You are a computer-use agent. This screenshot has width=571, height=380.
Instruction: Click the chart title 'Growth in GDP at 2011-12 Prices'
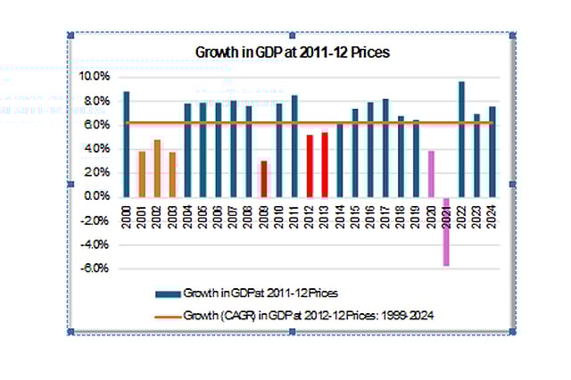pyautogui.click(x=292, y=52)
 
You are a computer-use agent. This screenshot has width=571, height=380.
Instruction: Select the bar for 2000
pyautogui.click(x=127, y=143)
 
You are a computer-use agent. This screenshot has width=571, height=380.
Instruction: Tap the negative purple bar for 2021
pyautogui.click(x=446, y=231)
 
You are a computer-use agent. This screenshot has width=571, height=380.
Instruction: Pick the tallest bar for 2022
pyautogui.click(x=461, y=138)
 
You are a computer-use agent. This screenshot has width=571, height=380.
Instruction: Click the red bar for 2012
pyautogui.click(x=309, y=165)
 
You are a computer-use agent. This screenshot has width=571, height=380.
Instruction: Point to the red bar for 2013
pyautogui.click(x=324, y=164)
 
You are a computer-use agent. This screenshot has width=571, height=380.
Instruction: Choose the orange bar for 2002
pyautogui.click(x=157, y=168)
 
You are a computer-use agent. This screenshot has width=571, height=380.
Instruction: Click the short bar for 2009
pyautogui.click(x=263, y=178)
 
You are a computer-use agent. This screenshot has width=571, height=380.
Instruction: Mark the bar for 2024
pyautogui.click(x=492, y=151)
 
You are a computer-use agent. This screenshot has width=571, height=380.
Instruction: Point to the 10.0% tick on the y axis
pyautogui.click(x=94, y=77)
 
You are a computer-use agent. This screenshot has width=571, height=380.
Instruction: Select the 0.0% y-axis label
pyautogui.click(x=95, y=196)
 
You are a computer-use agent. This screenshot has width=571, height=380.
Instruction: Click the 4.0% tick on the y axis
pyautogui.click(x=95, y=149)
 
